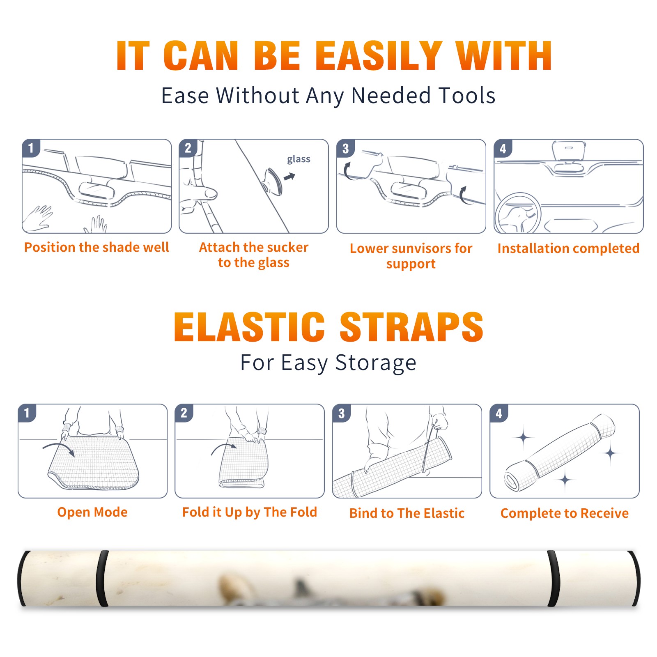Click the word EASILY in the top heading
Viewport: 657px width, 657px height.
click(379, 56)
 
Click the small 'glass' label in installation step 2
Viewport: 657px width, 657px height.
click(299, 159)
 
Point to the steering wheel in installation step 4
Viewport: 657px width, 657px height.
click(517, 214)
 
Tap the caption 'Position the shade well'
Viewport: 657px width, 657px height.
click(96, 247)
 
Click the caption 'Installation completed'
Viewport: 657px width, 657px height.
click(568, 248)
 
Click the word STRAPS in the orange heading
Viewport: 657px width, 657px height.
click(411, 327)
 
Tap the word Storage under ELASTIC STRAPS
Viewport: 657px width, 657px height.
click(376, 363)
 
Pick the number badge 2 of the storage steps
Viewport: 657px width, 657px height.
click(184, 413)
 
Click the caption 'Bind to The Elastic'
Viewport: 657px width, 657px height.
click(407, 513)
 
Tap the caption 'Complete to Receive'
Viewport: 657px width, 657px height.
click(565, 513)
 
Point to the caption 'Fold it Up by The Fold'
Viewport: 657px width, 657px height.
click(250, 512)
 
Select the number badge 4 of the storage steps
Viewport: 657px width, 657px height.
click(499, 413)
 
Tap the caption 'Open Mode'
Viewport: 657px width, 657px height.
click(92, 512)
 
